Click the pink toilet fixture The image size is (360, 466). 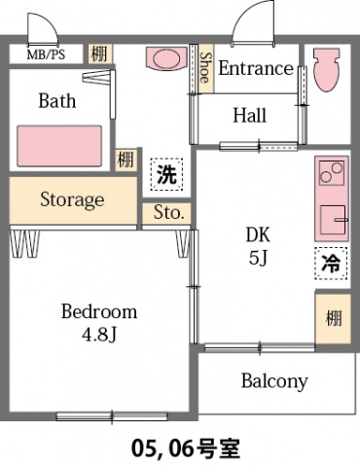click(326, 69)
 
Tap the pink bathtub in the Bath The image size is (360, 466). click(59, 146)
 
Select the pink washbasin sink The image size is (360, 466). click(166, 58)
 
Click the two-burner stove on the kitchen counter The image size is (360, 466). click(332, 173)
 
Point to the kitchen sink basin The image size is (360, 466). click(333, 219)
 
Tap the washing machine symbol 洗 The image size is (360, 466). click(166, 174)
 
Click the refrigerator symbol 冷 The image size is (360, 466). click(331, 263)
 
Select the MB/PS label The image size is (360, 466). click(46, 54)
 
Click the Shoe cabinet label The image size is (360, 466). click(205, 67)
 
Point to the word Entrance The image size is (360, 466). click(256, 68)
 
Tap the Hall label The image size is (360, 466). click(250, 115)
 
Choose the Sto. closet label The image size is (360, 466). click(167, 213)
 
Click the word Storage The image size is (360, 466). click(72, 199)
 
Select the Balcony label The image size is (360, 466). click(274, 381)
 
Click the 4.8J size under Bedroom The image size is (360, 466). click(99, 336)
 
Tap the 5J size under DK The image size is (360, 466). click(258, 258)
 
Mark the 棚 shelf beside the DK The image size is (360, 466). click(334, 318)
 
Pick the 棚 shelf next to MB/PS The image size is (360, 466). click(99, 54)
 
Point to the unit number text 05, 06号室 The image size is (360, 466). click(186, 448)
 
